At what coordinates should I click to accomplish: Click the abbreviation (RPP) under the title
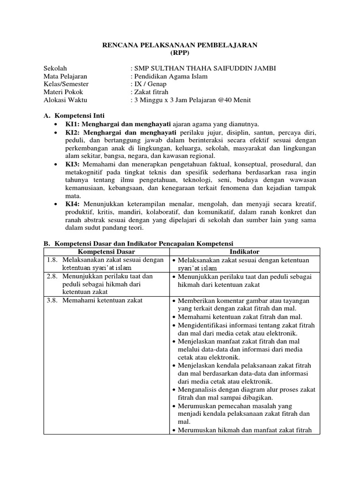coord(180,52)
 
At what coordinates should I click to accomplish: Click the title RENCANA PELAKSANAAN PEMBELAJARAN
coord(180,45)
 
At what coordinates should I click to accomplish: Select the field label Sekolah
coord(55,68)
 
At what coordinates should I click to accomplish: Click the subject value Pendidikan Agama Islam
coord(171,76)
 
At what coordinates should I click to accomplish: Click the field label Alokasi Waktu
coord(65,100)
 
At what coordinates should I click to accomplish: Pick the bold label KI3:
coord(73,164)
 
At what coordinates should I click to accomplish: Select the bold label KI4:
coord(73,204)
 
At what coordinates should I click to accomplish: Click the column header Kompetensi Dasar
coord(105,252)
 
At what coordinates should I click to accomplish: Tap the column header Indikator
coord(244,252)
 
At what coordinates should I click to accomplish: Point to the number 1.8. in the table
coord(52,260)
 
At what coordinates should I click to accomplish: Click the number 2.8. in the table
coord(52,277)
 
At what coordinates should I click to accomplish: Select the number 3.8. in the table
coord(52,300)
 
